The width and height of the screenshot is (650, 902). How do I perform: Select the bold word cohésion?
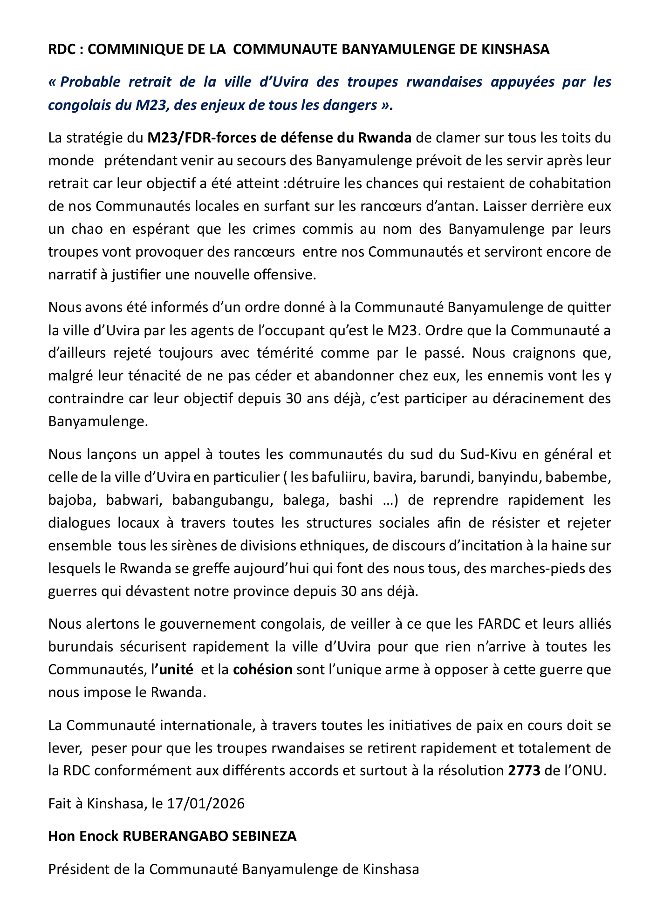click(x=263, y=670)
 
